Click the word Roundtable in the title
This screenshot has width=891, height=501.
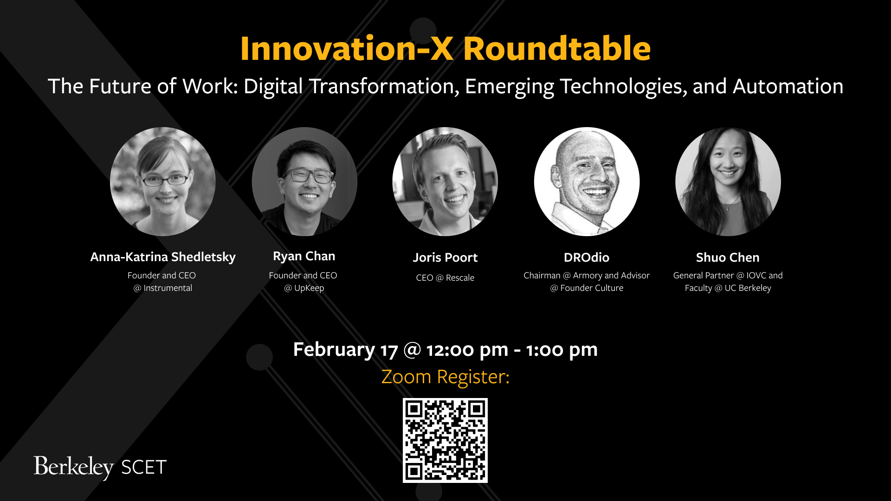tap(557, 49)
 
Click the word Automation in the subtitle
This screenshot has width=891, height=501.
tap(788, 86)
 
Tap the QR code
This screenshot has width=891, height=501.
tap(445, 440)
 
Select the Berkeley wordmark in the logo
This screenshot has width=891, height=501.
tap(73, 467)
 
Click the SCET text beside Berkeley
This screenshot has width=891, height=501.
tap(144, 468)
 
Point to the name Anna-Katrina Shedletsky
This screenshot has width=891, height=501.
tap(163, 257)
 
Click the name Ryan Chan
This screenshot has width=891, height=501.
tap(304, 256)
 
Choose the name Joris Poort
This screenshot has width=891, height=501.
tap(445, 257)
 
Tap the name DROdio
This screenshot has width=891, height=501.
tap(587, 257)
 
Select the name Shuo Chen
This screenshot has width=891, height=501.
tap(728, 257)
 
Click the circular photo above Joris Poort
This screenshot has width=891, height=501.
tap(445, 181)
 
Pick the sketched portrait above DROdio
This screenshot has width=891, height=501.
tap(587, 181)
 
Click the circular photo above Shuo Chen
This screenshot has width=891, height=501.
tap(728, 181)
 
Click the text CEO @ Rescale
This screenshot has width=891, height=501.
tap(445, 278)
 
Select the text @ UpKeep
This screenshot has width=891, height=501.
tap(304, 288)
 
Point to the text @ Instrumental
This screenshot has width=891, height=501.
tap(163, 288)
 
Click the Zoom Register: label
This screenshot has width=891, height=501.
tap(445, 377)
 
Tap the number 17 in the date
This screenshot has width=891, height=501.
tap(389, 350)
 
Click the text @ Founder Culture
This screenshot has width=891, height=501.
tap(587, 288)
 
